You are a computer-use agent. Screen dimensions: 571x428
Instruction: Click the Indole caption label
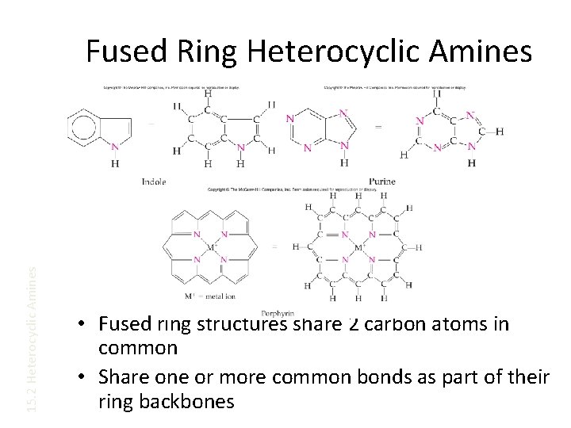153,182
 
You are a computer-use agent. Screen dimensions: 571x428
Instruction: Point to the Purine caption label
381,182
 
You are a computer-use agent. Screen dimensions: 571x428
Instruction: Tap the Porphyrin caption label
283,314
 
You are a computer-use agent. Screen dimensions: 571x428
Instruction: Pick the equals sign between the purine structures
377,124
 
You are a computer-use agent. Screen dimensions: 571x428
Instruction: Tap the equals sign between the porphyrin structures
274,247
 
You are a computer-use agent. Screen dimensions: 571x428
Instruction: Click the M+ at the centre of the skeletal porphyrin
213,247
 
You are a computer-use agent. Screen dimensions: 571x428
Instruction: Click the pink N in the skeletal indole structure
114,147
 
